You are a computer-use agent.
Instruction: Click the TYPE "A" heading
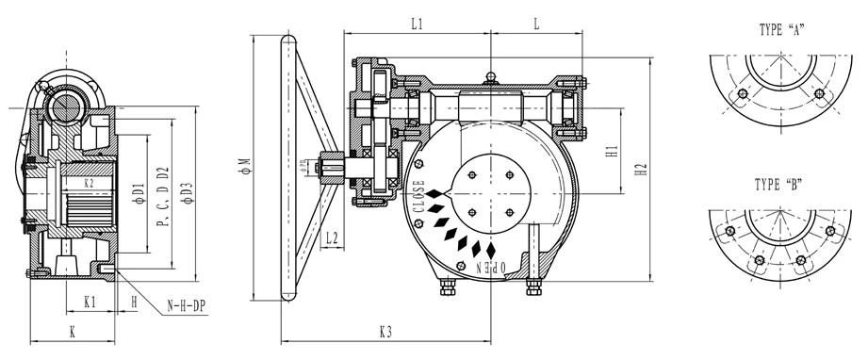pos(785,30)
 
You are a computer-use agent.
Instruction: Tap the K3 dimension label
pos(385,331)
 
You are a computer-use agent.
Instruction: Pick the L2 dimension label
pos(331,239)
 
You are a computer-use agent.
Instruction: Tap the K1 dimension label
pos(90,303)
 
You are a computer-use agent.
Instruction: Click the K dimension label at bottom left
pos(72,331)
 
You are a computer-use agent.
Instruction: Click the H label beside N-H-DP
pos(134,303)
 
